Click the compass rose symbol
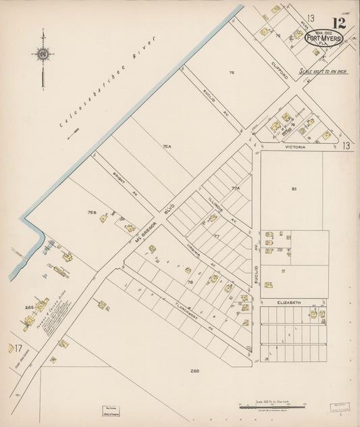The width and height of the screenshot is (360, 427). click(43, 54)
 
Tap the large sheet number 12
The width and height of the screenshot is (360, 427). click(339, 23)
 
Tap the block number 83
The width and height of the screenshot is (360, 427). click(294, 189)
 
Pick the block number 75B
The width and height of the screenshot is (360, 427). click(91, 211)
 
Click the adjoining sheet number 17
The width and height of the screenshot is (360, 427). click(19, 349)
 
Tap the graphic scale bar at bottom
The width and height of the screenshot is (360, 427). click(265, 404)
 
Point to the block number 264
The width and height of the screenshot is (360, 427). click(29, 307)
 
